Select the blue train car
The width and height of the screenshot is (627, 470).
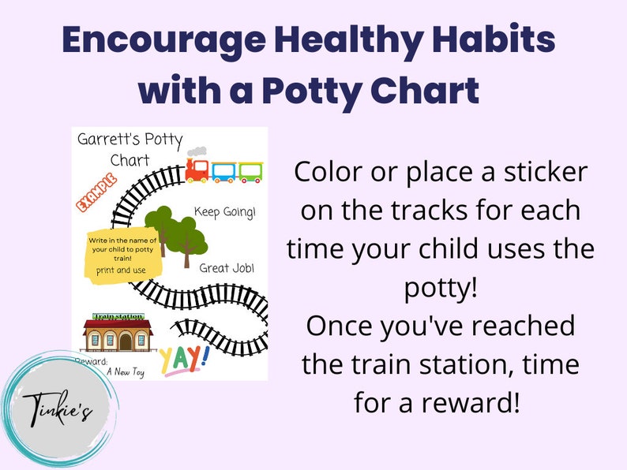(224, 170)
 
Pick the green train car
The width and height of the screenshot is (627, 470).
(250, 170)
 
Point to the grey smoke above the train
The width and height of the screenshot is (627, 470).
(200, 151)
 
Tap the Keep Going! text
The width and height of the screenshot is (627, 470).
(225, 212)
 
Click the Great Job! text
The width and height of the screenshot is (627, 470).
(225, 267)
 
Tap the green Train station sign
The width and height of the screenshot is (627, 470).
(118, 316)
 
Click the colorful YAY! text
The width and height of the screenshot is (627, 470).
(182, 360)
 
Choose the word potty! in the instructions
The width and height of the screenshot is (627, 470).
(440, 289)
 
